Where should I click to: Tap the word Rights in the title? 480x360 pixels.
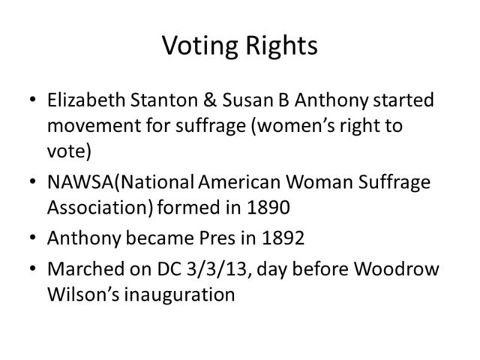tap(280, 46)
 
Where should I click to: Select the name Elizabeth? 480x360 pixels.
tap(91, 100)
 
